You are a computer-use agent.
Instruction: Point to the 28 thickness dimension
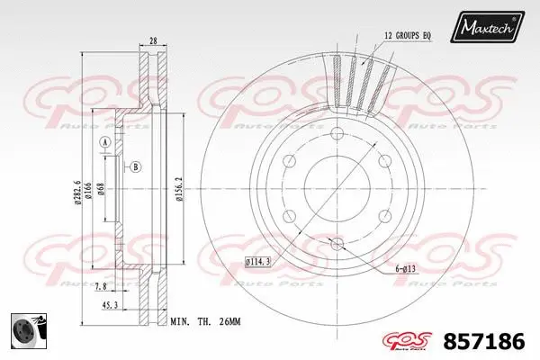(x=155, y=40)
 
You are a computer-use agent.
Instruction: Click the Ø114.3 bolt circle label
(x=258, y=262)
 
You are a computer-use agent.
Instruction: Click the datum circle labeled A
(x=104, y=144)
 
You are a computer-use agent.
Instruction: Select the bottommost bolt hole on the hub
(x=337, y=245)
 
